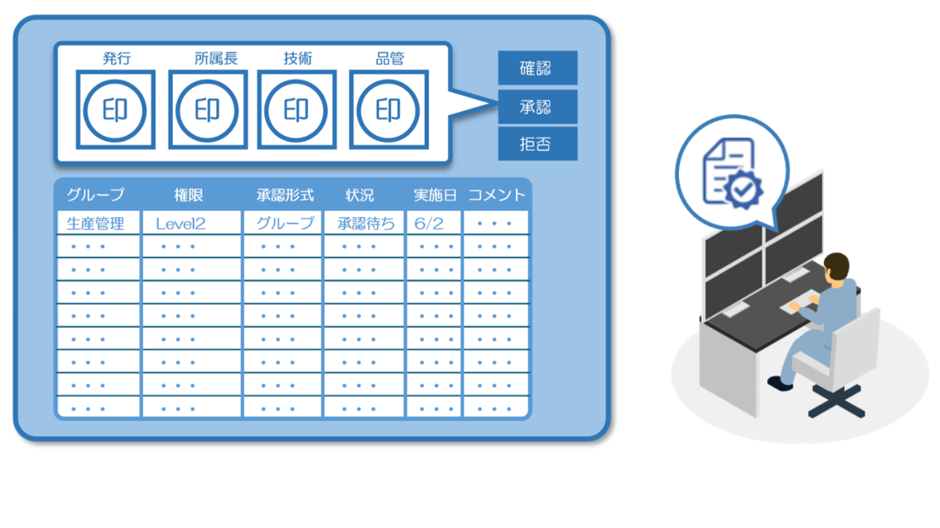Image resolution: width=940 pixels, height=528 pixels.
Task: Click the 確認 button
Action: click(538, 68)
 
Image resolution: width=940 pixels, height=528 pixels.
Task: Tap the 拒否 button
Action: click(538, 144)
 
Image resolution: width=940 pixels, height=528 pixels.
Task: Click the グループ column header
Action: click(96, 195)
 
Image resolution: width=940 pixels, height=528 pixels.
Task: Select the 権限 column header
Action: click(189, 195)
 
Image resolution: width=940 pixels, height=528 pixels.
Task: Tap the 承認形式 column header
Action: click(286, 195)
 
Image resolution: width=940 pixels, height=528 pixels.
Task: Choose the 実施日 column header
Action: click(435, 195)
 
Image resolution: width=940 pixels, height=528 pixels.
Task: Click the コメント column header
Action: click(497, 195)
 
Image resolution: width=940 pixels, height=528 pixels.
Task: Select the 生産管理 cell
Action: click(98, 223)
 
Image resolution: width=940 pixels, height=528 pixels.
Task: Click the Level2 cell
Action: click(192, 223)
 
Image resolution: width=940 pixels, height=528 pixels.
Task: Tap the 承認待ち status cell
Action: click(364, 223)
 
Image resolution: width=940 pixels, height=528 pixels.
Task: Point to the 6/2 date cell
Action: click(433, 223)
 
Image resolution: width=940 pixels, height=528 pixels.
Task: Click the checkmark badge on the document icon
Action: click(743, 190)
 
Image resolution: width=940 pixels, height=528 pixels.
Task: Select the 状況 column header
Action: click(359, 195)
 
